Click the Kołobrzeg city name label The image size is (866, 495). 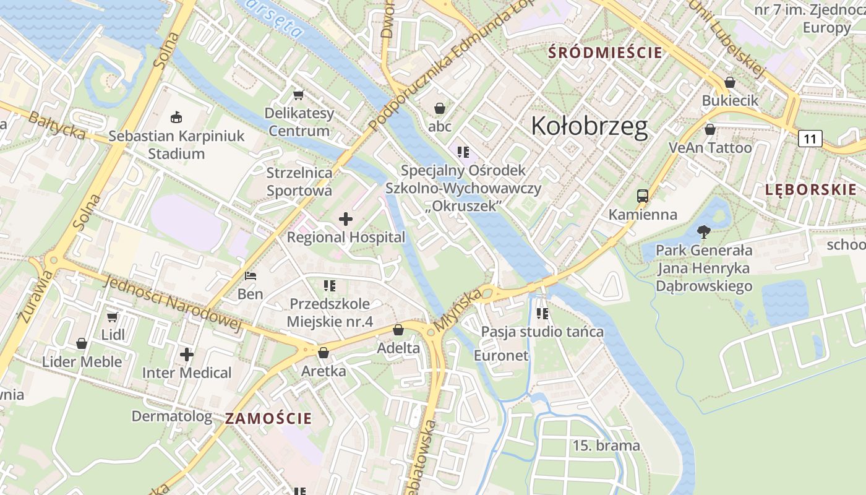(589, 126)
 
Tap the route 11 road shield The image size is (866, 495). (810, 139)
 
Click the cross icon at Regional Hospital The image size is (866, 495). (346, 218)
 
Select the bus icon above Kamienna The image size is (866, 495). (643, 196)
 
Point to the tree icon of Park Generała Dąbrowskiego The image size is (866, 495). (703, 232)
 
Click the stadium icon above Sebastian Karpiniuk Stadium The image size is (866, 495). (176, 116)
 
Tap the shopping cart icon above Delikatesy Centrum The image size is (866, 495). (299, 95)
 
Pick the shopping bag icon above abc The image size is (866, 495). (440, 108)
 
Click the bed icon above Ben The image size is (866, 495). (251, 276)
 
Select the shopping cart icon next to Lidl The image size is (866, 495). (112, 317)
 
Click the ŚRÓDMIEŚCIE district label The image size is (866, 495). (606, 53)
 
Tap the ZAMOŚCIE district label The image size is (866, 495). (268, 418)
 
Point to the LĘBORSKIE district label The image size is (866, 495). (810, 190)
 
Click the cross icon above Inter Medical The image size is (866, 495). (187, 355)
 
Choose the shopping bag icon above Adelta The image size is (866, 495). (398, 330)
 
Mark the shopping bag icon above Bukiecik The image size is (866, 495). (730, 82)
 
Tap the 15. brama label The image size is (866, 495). (606, 445)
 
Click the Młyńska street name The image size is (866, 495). (457, 310)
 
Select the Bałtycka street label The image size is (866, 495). (56, 125)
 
